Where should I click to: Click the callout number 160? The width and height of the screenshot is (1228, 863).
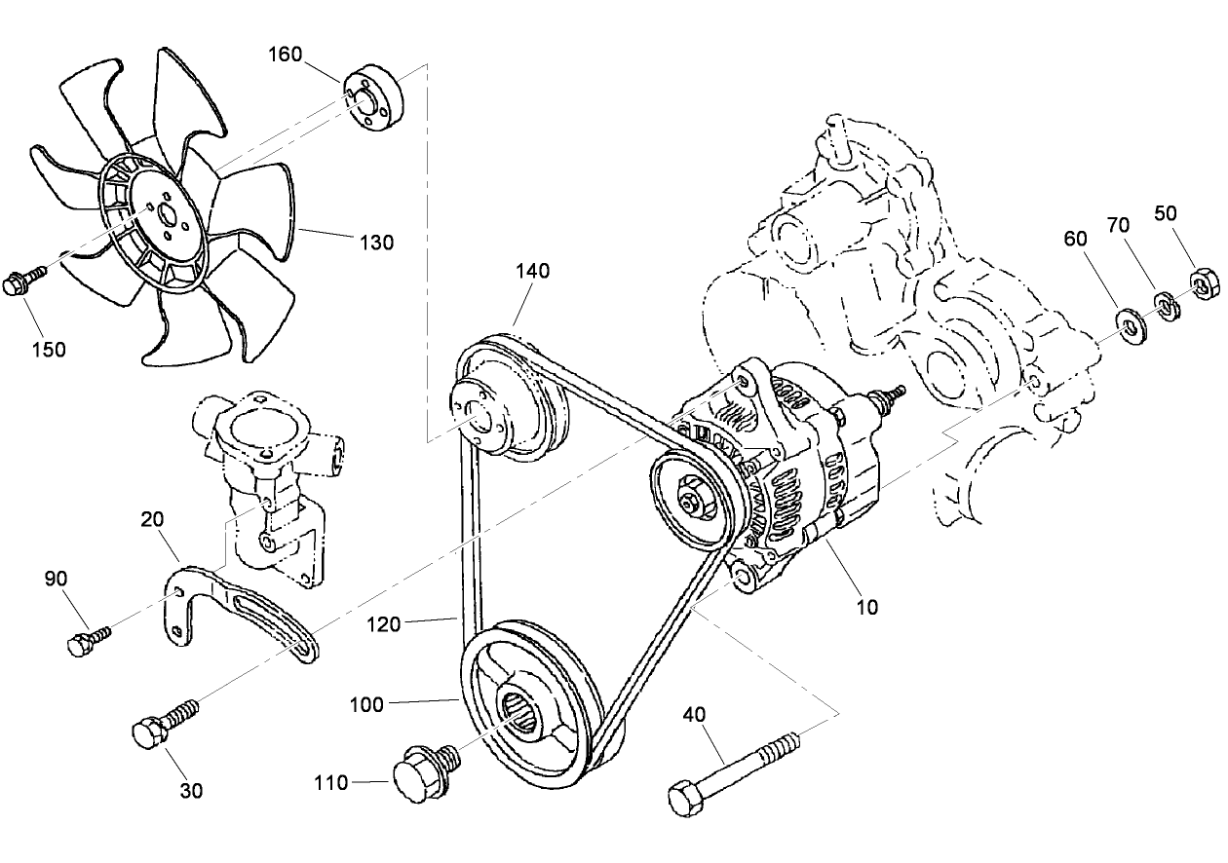(x=286, y=54)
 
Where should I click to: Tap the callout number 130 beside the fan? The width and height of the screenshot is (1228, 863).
(x=376, y=243)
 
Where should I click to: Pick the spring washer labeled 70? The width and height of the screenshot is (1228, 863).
(x=1167, y=306)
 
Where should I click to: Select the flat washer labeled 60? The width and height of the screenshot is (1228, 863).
(x=1132, y=325)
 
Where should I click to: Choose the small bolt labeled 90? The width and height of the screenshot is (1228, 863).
(x=86, y=641)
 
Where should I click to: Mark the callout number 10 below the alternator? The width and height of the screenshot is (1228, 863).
(x=867, y=607)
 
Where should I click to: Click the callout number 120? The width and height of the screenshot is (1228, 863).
(x=383, y=623)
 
